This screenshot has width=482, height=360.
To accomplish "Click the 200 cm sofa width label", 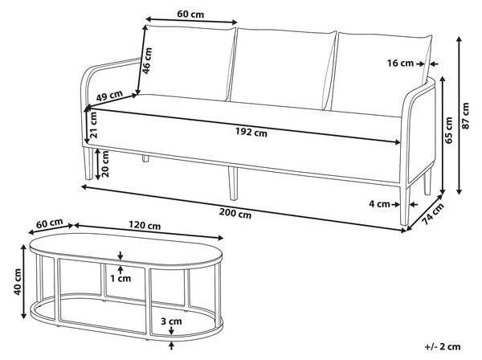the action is [x=235, y=213].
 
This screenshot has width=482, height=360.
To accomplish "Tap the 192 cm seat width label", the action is [x=251, y=132].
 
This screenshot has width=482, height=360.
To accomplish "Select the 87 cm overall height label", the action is [x=466, y=116].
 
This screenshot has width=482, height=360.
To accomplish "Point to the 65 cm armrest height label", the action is [x=448, y=130].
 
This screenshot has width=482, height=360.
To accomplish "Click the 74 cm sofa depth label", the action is [x=433, y=214].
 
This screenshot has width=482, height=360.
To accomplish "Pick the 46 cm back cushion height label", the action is [x=147, y=60].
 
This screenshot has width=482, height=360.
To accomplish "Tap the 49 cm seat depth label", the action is [x=109, y=96].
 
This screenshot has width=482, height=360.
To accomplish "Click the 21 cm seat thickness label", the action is [x=93, y=125].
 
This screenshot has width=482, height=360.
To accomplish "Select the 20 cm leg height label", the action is [x=105, y=164].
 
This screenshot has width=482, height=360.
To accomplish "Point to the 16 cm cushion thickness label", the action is [x=400, y=63].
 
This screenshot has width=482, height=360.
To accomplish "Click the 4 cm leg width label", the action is [x=379, y=204].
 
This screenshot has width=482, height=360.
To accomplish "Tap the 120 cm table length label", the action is [x=145, y=225].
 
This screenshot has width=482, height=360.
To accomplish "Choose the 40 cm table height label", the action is [x=18, y=282].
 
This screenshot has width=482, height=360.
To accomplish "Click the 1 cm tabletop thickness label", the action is [x=120, y=279].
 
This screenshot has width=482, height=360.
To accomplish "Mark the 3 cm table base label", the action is [x=171, y=321].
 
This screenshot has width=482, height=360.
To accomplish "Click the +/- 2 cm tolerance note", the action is [x=443, y=347].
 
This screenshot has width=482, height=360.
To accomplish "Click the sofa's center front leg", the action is [x=233, y=184].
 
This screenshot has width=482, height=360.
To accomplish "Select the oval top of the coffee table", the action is [x=126, y=250].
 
